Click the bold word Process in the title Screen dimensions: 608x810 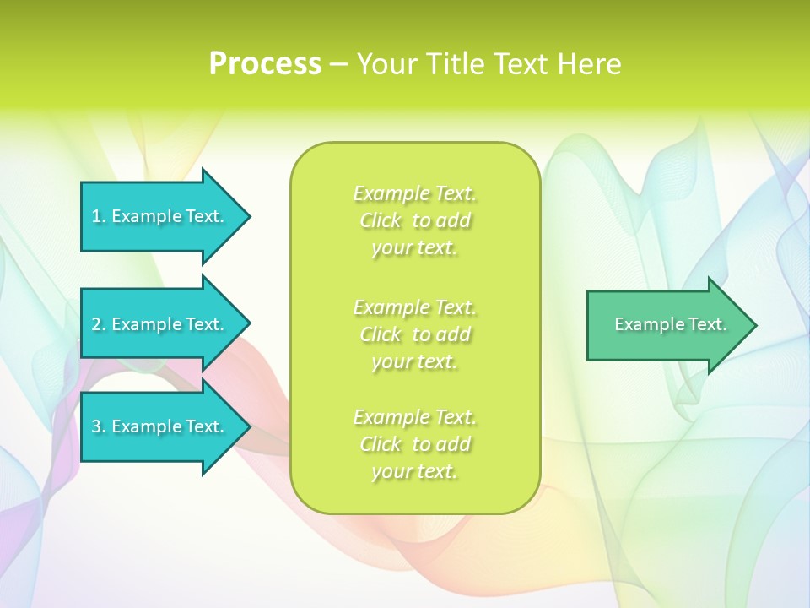[265, 64]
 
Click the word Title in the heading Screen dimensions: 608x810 [455, 64]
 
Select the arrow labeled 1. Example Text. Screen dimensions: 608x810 [160, 216]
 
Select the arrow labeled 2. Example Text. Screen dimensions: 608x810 [160, 324]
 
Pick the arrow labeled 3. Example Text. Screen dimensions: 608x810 [160, 426]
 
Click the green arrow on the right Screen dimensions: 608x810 [667, 325]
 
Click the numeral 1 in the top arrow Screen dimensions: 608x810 [96, 216]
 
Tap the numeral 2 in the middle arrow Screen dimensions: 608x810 [96, 324]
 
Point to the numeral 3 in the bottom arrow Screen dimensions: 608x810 [96, 426]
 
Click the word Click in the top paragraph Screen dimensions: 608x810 [381, 221]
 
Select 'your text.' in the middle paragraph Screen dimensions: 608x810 [414, 361]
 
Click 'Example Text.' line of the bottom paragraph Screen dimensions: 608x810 [414, 417]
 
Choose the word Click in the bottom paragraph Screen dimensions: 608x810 [381, 444]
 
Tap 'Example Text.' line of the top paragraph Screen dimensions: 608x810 [414, 193]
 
